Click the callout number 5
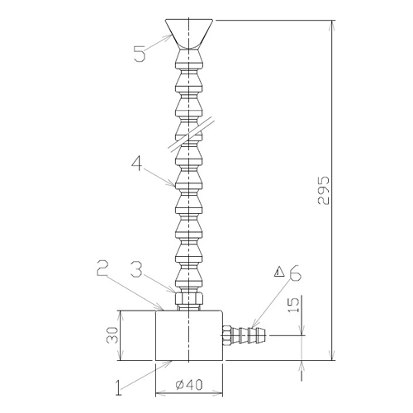[x=140, y=54]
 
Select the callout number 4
[x=138, y=163]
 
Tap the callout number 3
[x=136, y=270]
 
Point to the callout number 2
[x=103, y=269]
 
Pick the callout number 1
[x=118, y=387]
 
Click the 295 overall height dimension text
[x=323, y=190]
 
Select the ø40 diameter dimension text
[x=189, y=385]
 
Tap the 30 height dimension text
[x=112, y=335]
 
